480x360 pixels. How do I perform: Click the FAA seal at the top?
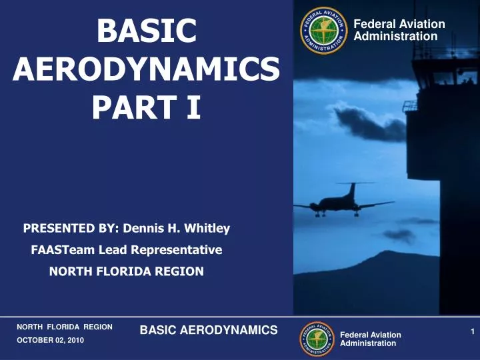(325, 31)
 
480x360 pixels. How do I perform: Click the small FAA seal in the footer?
(317, 339)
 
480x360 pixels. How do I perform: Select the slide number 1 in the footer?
(472, 331)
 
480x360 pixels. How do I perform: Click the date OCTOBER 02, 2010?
(51, 340)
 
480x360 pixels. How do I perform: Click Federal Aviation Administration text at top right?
(399, 30)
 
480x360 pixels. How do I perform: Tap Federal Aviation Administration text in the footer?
(371, 339)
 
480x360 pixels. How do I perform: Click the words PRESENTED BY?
(69, 229)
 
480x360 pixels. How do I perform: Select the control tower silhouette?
(443, 133)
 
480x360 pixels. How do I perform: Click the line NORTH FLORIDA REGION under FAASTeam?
(126, 271)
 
